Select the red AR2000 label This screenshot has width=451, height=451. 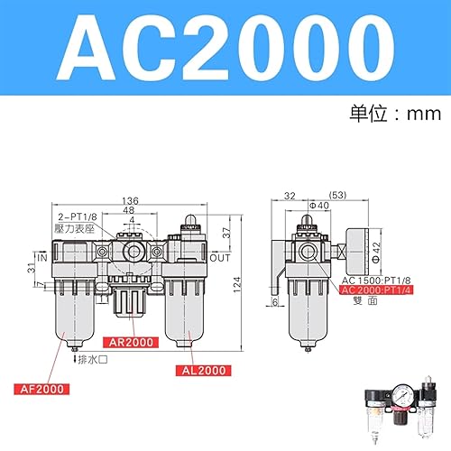[132, 343]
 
